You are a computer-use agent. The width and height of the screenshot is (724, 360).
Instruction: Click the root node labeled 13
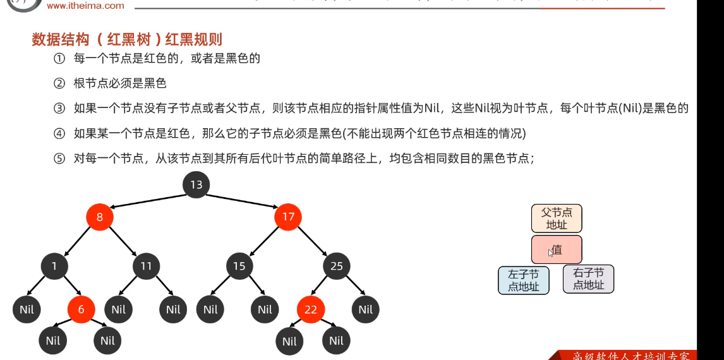point(196,184)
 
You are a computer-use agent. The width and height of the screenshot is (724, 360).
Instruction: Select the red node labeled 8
point(100,217)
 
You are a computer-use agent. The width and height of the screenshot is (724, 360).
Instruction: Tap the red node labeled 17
point(288,217)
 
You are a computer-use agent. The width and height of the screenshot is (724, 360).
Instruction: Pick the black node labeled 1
point(54,266)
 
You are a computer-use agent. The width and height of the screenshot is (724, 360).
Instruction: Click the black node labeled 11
point(146,266)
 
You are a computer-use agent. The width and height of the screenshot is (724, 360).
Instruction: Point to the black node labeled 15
point(239,266)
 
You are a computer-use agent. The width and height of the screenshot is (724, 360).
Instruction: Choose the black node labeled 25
point(336,266)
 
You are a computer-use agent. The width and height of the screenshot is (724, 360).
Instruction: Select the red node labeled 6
point(81,309)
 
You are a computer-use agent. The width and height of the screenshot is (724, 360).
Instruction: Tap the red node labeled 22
point(310,309)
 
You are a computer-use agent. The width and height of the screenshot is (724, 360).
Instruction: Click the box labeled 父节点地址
point(557,219)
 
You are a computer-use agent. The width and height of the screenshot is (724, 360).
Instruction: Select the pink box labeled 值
point(557,249)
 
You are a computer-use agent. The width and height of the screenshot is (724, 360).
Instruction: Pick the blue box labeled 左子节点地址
point(524,280)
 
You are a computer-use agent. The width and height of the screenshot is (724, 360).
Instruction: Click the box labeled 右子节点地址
point(588,279)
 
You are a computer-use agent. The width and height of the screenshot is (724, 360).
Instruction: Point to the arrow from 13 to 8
point(148,200)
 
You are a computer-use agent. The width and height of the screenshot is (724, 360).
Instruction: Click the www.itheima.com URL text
point(86,6)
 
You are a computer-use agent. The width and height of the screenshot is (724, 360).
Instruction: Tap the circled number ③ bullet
point(59,108)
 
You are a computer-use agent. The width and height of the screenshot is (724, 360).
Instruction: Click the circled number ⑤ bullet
point(59,159)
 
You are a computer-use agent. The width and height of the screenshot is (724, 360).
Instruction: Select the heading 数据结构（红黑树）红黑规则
point(127,39)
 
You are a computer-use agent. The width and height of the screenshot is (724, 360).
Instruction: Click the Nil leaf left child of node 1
point(27,309)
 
